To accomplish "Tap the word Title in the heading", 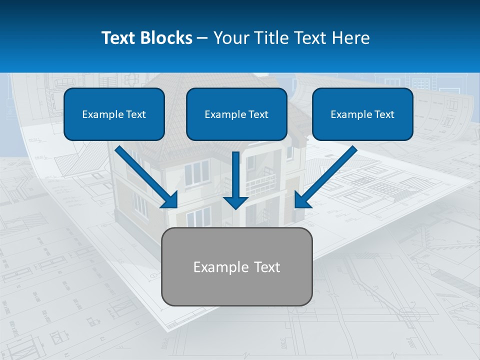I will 270,38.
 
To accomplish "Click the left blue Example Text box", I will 114,114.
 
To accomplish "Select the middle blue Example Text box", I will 236,114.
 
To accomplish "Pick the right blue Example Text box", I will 362,114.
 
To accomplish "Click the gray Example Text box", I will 236,266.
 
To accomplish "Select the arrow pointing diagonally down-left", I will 327,175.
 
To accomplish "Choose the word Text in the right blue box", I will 384,114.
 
